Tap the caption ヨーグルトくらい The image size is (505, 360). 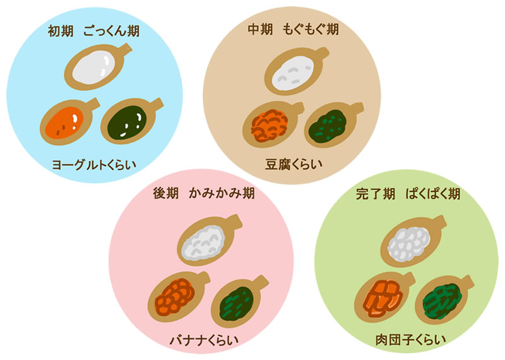pyautogui.click(x=95, y=165)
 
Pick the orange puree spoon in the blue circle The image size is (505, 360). pyautogui.click(x=64, y=121)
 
